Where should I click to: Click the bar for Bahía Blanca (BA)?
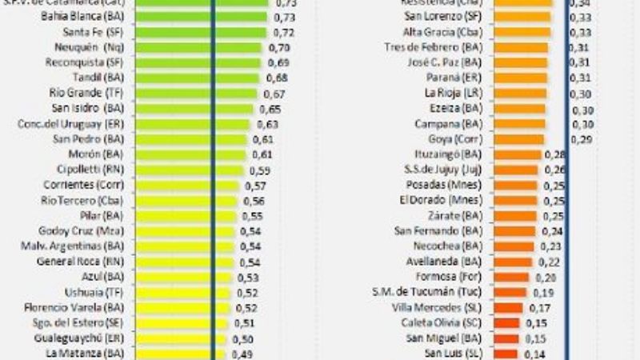(x=200, y=18)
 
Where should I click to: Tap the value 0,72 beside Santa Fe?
(x=284, y=33)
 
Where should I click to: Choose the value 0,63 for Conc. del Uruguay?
(x=266, y=124)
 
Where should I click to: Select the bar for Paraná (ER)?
(x=519, y=78)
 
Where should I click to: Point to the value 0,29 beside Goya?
(x=582, y=139)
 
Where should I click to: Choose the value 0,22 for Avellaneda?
(x=548, y=262)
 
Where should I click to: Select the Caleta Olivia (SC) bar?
(x=505, y=322)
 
